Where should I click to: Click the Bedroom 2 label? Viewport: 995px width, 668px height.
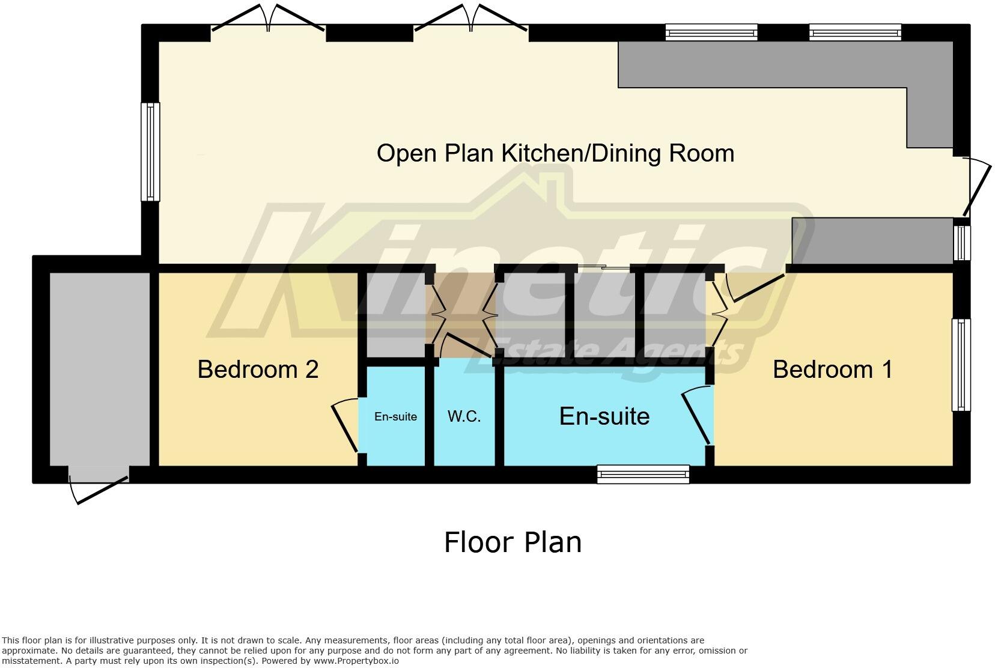(x=257, y=369)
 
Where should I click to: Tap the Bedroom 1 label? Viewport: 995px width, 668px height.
(x=832, y=369)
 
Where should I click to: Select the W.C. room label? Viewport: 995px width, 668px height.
(x=464, y=416)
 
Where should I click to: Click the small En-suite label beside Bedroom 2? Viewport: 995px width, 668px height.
(x=395, y=416)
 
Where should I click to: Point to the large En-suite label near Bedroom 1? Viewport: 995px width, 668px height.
(x=604, y=416)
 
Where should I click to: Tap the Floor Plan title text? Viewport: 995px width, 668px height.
(x=512, y=542)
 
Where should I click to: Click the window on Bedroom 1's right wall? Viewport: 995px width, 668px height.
(x=961, y=365)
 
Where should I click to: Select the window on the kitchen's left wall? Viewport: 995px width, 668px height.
(x=150, y=151)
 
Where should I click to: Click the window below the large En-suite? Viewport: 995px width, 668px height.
(x=643, y=474)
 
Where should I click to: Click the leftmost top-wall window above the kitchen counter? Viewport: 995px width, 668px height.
(x=711, y=32)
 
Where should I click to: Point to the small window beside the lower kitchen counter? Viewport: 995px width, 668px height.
(x=961, y=243)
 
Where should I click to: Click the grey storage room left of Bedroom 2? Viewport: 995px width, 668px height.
(x=99, y=369)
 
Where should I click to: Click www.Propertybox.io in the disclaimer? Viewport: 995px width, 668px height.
(x=356, y=661)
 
